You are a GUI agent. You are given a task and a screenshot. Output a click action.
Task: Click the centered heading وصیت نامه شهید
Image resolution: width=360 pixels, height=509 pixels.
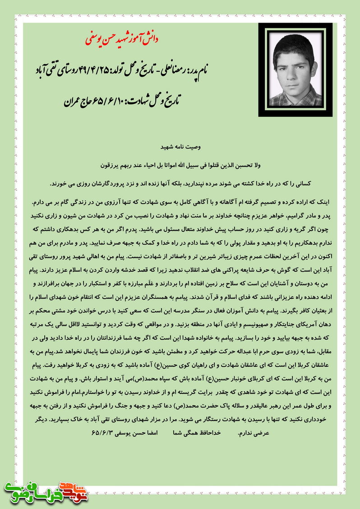[x=180, y=148]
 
